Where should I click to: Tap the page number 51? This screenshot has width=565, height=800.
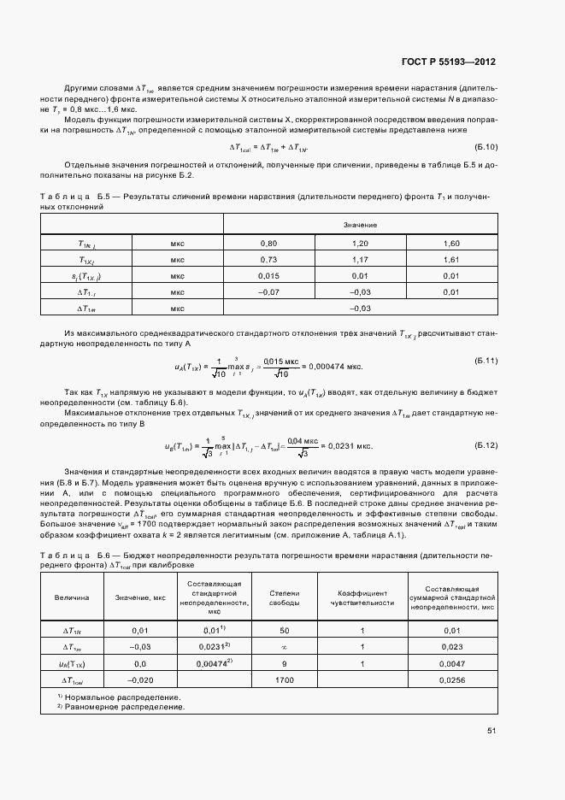tap(491, 731)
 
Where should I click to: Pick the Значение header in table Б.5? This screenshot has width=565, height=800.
tap(361, 225)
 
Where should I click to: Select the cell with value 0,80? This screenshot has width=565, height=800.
tap(269, 244)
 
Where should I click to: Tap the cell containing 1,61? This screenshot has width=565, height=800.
tap(452, 260)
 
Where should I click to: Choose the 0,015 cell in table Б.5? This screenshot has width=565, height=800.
tap(269, 276)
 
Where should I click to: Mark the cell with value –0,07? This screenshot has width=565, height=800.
tap(269, 292)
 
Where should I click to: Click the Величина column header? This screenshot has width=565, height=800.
tap(72, 597)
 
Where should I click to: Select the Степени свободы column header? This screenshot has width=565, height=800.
tap(284, 597)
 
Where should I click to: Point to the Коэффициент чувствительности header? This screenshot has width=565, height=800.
tap(362, 597)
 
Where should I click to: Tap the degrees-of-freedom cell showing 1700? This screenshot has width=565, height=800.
tap(284, 679)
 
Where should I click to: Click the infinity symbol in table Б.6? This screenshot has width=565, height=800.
tap(284, 646)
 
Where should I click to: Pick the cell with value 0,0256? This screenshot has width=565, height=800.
tap(452, 679)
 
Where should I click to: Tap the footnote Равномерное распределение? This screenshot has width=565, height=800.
tap(124, 707)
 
